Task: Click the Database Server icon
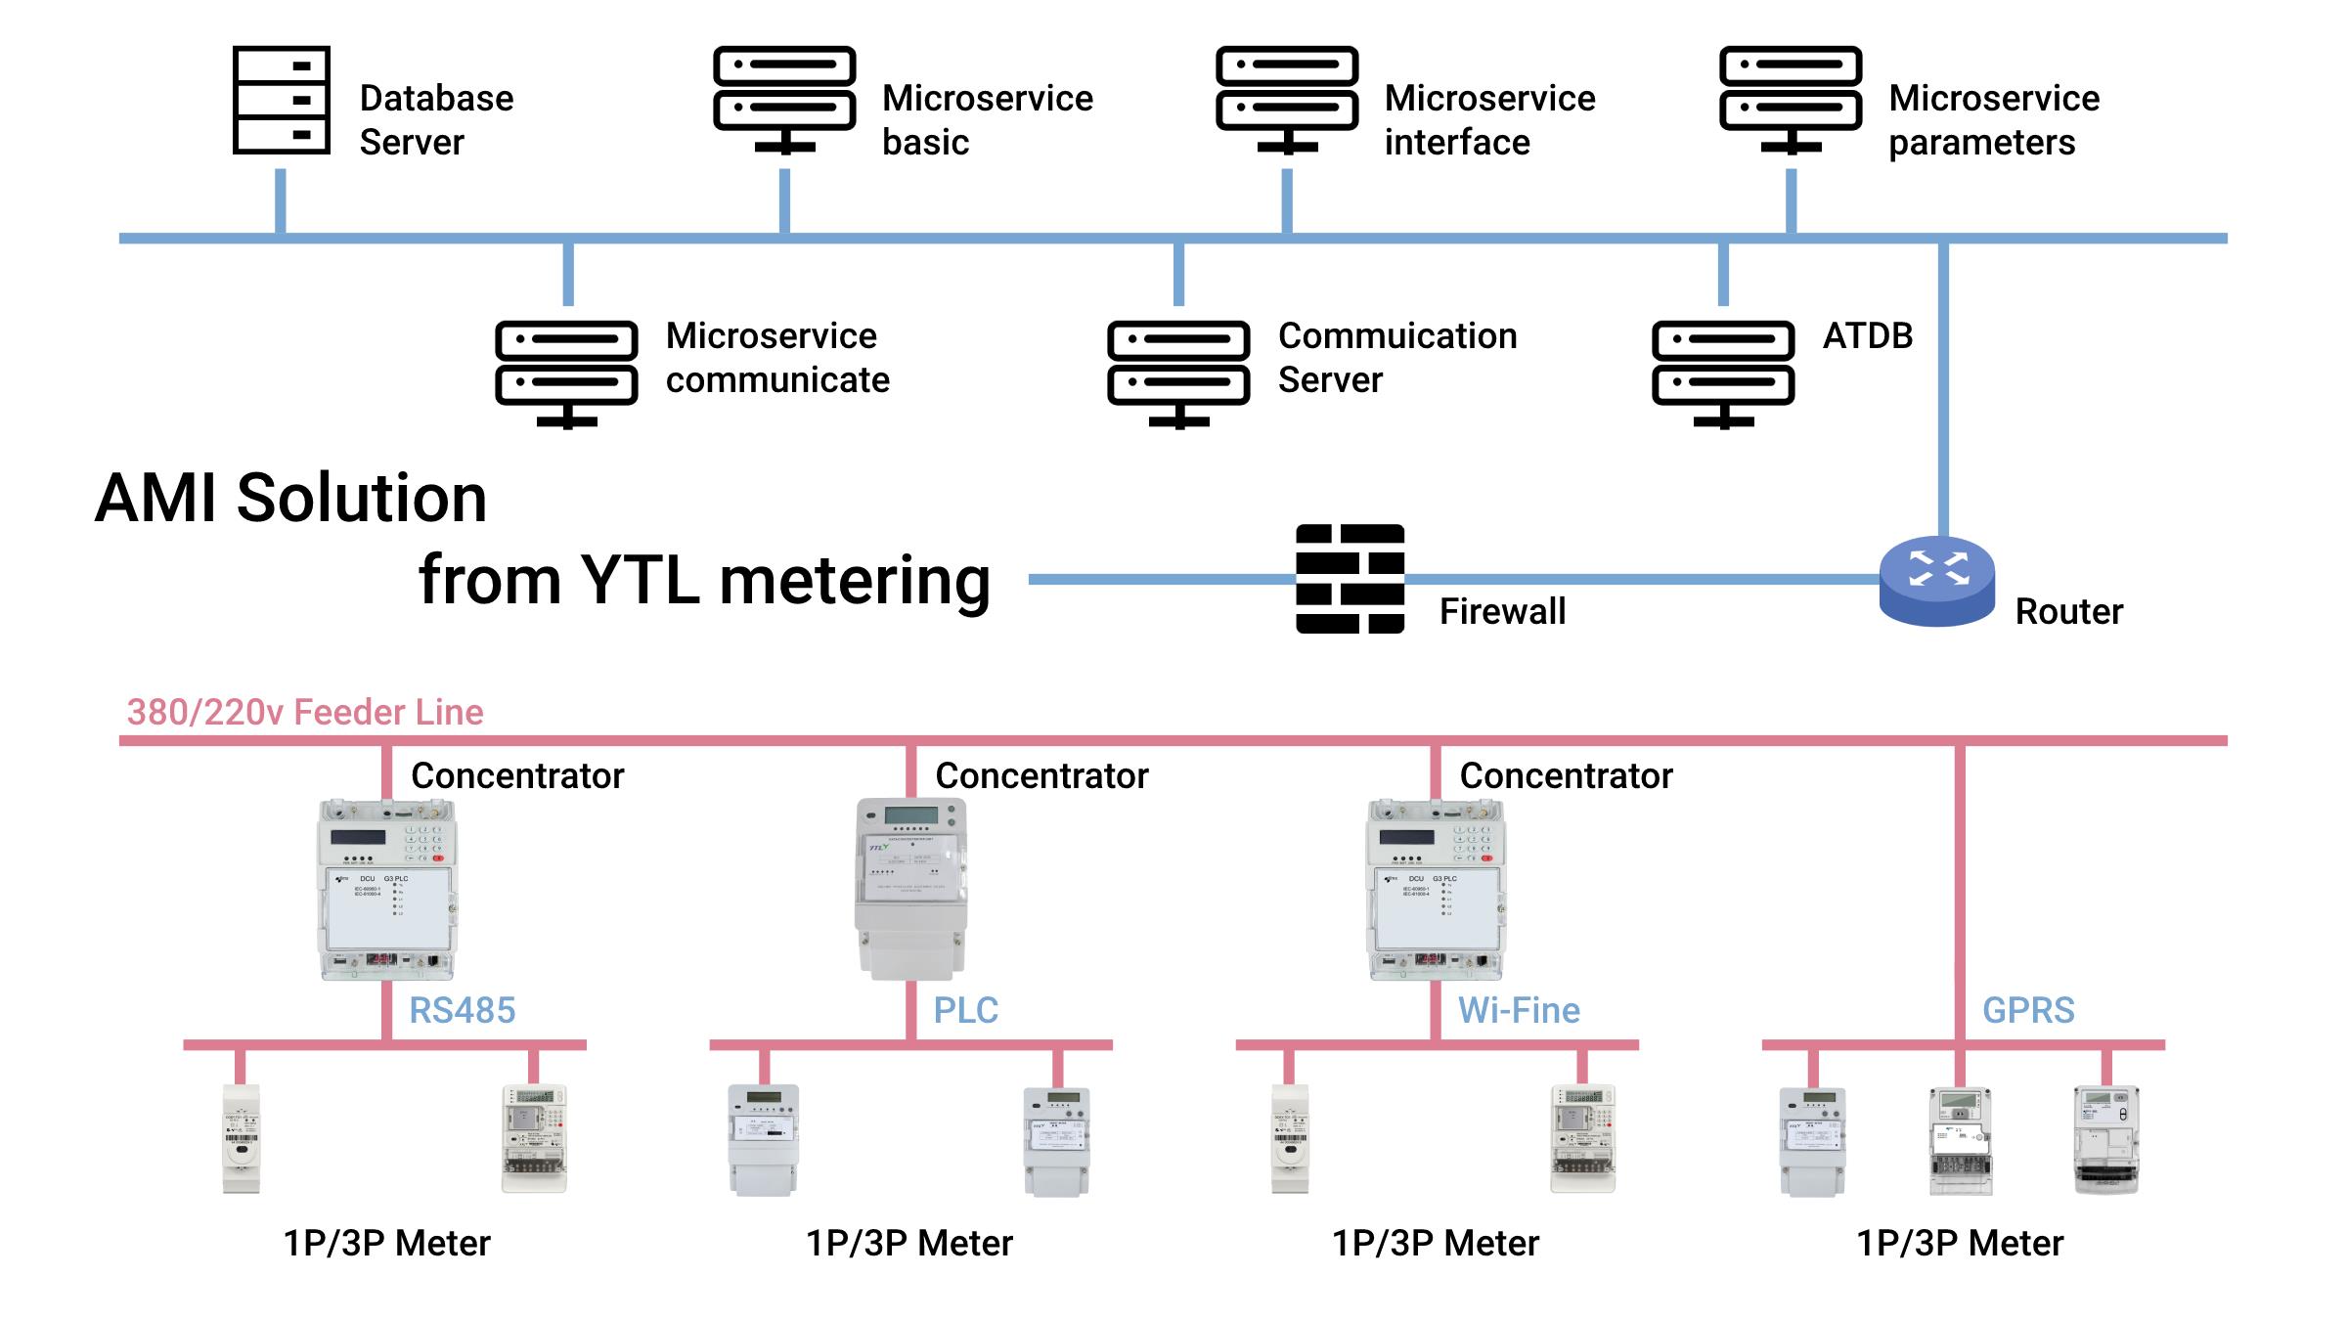pyautogui.click(x=282, y=100)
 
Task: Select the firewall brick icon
pyautogui.click(x=1350, y=579)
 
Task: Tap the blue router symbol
pyautogui.click(x=1936, y=581)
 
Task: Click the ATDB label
pyautogui.click(x=1867, y=335)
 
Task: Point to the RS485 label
pyautogui.click(x=462, y=1010)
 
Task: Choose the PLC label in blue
pyautogui.click(x=965, y=1010)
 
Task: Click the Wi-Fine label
pyautogui.click(x=1518, y=1010)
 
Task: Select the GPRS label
pyautogui.click(x=2027, y=1010)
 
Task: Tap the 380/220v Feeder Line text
pyautogui.click(x=305, y=712)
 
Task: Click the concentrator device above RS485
pyautogui.click(x=387, y=888)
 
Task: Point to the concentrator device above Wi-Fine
pyautogui.click(x=1435, y=888)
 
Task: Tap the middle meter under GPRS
pyautogui.click(x=1960, y=1140)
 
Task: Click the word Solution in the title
pyautogui.click(x=361, y=499)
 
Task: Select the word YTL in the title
pyautogui.click(x=640, y=580)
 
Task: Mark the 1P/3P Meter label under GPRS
pyautogui.click(x=1959, y=1243)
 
